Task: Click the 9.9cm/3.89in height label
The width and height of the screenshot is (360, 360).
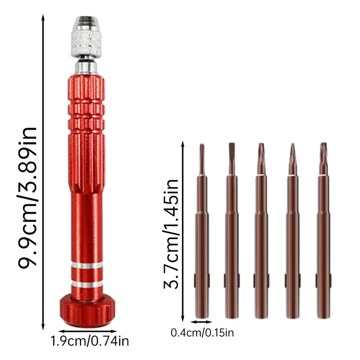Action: point(27,197)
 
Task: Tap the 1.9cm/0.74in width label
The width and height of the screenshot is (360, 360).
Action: point(90,341)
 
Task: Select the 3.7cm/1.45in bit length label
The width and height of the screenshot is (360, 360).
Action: point(171,234)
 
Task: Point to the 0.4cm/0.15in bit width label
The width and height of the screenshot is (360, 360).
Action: point(202,333)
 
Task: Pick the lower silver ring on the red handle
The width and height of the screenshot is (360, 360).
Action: point(87,284)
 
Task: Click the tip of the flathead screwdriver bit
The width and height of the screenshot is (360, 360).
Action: point(232,144)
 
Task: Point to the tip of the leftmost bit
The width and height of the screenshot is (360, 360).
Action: point(202,144)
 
